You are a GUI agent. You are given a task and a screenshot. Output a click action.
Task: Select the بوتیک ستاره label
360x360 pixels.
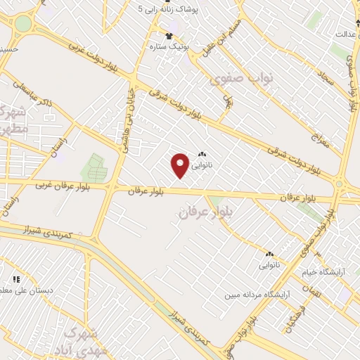[x=167, y=46]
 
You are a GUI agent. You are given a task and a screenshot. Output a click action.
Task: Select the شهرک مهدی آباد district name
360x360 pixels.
[x=84, y=340]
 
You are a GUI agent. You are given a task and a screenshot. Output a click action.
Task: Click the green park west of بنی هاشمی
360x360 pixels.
[x=93, y=168]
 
